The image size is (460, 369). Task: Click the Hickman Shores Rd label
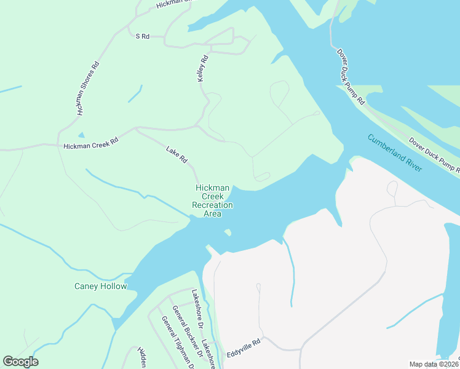pyautogui.click(x=87, y=89)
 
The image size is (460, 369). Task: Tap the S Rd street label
pyautogui.click(x=143, y=37)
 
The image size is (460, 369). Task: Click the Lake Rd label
pyautogui.click(x=176, y=154)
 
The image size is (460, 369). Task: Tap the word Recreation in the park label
pyautogui.click(x=212, y=205)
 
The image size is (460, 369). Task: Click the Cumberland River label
pyautogui.click(x=395, y=153)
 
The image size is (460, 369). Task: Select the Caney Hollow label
pyautogui.click(x=100, y=286)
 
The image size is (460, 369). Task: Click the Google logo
pyautogui.click(x=20, y=362)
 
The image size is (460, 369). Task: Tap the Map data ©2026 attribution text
pyautogui.click(x=434, y=364)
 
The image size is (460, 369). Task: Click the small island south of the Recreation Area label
pyautogui.click(x=228, y=232)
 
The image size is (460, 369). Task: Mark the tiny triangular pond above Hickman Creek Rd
pyautogui.click(x=81, y=135)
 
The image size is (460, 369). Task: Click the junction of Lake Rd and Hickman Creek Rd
pyautogui.click(x=135, y=128)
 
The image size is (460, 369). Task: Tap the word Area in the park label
pyautogui.click(x=212, y=213)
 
